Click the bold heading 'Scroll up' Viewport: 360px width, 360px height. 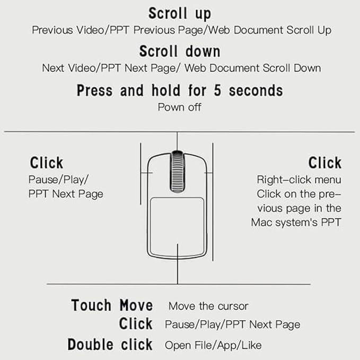coord(179,13)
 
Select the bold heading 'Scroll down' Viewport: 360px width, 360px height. coord(179,51)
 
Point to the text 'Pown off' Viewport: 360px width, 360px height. coord(179,107)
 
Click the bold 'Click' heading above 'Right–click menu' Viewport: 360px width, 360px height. coord(324,163)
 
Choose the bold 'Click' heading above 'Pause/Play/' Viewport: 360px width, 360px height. coord(47,163)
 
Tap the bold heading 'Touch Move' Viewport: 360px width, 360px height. coord(112,305)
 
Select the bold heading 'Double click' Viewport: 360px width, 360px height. coord(110,345)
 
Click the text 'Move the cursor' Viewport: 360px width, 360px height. coord(208,306)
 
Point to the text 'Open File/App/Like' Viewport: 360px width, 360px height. coord(213,345)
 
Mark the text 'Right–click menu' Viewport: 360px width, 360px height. coord(299,180)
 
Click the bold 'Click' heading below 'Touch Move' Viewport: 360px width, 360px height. coord(135,324)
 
